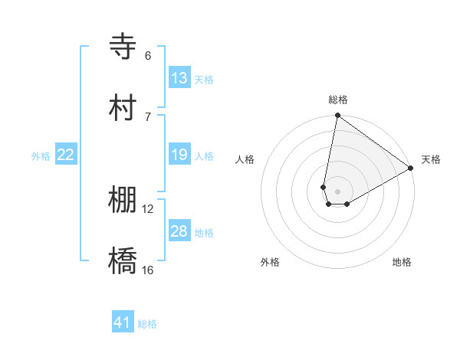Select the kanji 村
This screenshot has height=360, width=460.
(x=123, y=108)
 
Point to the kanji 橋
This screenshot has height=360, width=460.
(x=123, y=261)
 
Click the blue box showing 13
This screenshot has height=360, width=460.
(x=179, y=78)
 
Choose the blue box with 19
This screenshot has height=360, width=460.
(x=179, y=155)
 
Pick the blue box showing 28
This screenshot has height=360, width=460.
(x=179, y=231)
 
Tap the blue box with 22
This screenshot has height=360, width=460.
(x=66, y=155)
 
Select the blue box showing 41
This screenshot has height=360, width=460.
(x=123, y=322)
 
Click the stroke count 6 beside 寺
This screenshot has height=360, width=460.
(x=148, y=56)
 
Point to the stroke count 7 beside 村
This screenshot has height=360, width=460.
(x=148, y=116)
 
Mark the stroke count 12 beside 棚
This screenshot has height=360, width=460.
(x=148, y=209)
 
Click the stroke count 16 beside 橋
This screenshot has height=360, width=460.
(x=148, y=270)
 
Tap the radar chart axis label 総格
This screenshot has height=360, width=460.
(x=337, y=100)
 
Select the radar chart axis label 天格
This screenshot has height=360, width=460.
(x=431, y=159)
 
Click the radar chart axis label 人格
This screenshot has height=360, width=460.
(x=245, y=159)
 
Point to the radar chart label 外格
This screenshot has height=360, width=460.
(x=270, y=262)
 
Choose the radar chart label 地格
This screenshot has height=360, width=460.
(x=402, y=262)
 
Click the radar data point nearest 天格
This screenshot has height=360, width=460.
(x=411, y=169)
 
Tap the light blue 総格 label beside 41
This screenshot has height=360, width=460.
(x=147, y=324)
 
